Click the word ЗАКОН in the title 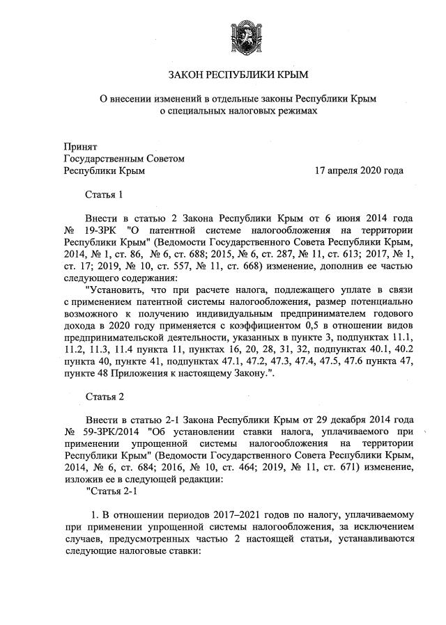[187, 74]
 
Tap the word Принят [80, 147]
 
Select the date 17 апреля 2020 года [359, 170]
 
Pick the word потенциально [385, 303]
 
